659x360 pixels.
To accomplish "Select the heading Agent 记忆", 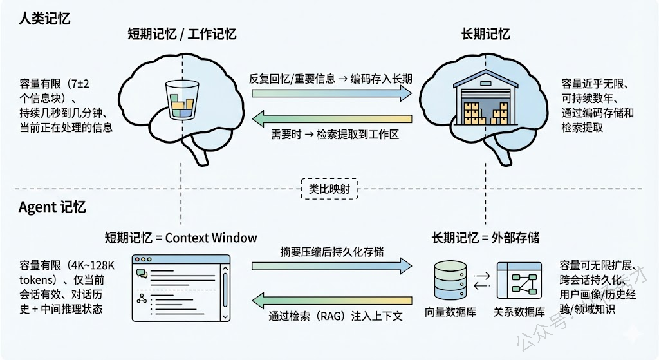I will click(52, 207).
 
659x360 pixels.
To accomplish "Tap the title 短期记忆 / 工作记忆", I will click(181, 34).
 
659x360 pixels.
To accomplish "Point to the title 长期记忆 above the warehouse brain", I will click(487, 34).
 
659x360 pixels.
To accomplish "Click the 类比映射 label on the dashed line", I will click(329, 189).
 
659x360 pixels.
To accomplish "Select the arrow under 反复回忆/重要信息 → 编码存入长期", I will click(331, 94).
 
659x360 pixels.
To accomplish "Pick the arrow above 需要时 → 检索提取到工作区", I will click(331, 118).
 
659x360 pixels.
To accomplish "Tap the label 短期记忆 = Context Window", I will click(181, 238).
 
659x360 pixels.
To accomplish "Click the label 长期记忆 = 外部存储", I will click(485, 238).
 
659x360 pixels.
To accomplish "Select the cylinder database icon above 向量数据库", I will click(448, 281).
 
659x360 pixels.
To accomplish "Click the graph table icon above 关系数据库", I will click(517, 281).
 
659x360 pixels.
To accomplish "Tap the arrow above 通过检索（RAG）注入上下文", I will click(331, 300).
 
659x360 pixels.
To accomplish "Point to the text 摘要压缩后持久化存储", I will click(331, 251).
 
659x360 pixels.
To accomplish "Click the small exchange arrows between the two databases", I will click(481, 281).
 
